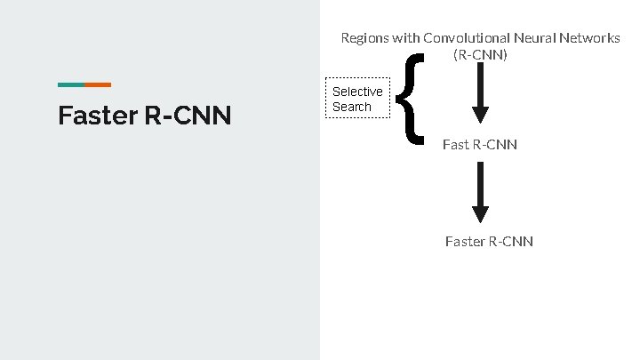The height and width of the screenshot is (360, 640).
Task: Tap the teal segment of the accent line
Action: point(71,84)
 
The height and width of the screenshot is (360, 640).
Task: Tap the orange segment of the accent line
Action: point(98,84)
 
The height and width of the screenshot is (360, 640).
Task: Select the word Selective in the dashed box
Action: point(357,92)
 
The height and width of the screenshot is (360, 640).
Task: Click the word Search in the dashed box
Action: point(352,107)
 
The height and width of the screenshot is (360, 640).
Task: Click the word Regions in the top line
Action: point(364,38)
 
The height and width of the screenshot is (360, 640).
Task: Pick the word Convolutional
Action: point(466,38)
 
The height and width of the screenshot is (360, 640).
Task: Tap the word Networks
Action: point(588,38)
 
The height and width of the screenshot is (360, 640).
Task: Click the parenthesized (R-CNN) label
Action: point(480,54)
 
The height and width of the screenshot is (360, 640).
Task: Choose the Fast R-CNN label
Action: point(480,144)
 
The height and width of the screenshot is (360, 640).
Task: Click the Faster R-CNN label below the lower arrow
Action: point(489,241)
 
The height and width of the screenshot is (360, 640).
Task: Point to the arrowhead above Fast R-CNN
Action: point(480,115)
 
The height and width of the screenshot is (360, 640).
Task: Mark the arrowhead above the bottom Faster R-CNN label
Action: point(480,214)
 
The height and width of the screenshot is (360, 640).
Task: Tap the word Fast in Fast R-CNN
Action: point(456,144)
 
